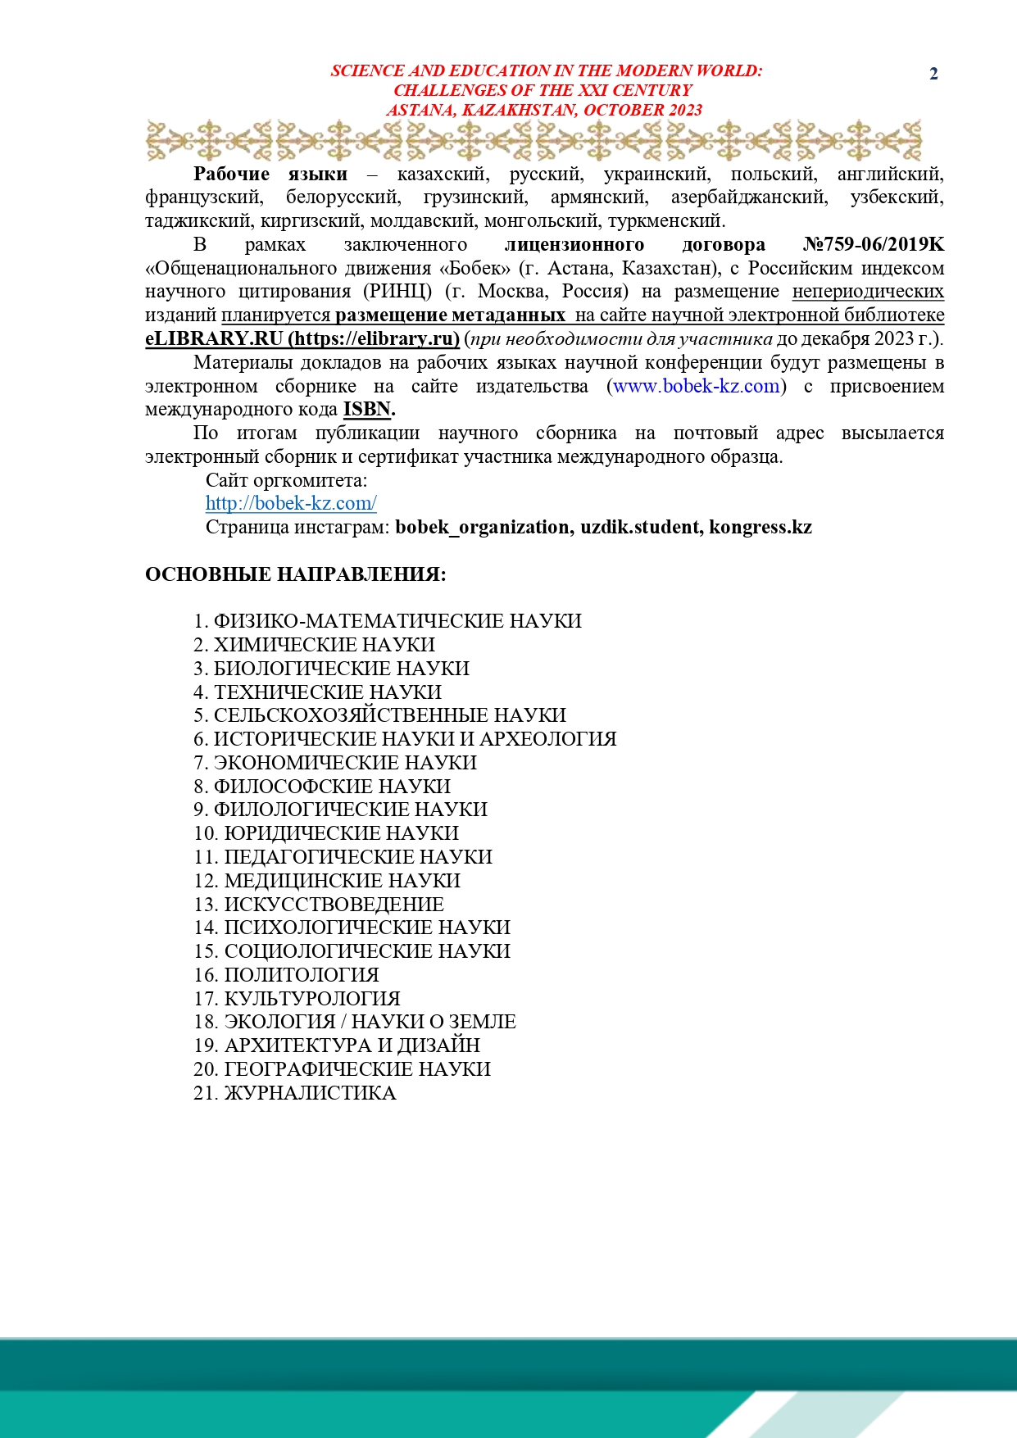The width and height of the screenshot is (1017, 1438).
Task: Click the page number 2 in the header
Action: point(933,74)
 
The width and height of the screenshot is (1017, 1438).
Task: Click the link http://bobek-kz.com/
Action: point(291,503)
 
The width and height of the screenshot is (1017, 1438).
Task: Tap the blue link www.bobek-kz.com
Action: point(697,386)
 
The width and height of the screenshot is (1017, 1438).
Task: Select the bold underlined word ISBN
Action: point(366,409)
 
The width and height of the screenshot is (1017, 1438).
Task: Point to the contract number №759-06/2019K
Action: point(874,244)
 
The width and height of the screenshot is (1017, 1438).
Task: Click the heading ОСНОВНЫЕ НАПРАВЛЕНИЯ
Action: point(295,574)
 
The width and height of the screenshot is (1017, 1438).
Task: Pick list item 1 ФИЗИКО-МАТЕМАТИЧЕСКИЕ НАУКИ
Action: point(388,621)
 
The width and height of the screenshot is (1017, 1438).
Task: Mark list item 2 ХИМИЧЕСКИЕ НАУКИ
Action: point(314,645)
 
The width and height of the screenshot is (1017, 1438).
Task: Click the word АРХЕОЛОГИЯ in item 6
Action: point(547,739)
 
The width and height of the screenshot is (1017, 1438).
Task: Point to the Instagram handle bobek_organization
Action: point(484,527)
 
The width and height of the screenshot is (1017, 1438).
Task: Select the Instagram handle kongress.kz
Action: point(760,527)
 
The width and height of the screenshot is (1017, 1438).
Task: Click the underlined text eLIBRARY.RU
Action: point(214,338)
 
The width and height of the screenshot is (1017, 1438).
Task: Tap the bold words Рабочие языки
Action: point(270,174)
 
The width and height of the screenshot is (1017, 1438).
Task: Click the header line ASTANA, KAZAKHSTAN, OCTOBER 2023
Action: point(545,110)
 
